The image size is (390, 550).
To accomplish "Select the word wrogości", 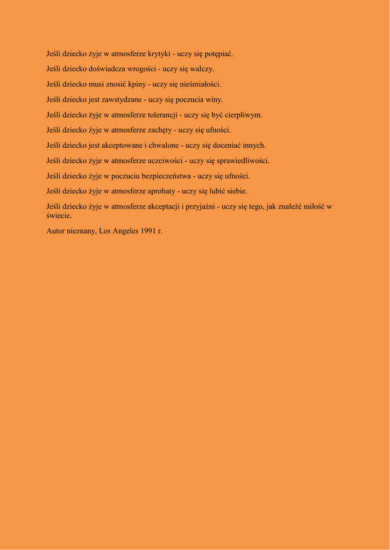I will coord(141,69).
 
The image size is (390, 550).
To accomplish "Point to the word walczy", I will coord(202,69).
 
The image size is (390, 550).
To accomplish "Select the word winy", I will coord(214,99).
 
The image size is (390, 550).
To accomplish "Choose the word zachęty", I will coord(160,130).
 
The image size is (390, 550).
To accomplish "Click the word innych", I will coord(254,145).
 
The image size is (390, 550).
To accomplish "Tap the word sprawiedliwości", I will coord(243,161).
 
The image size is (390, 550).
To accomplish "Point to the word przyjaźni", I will coord(200,206).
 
